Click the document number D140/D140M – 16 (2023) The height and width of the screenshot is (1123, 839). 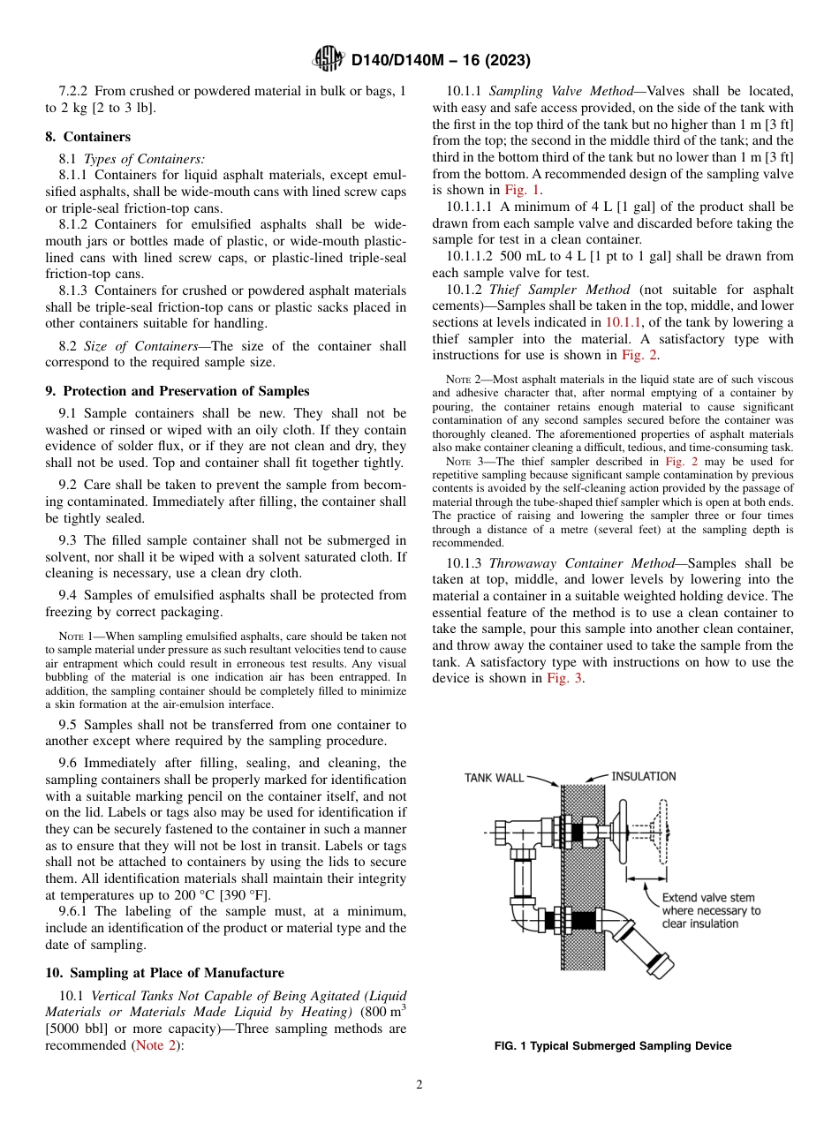[441, 60]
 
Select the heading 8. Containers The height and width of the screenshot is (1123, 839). [87, 137]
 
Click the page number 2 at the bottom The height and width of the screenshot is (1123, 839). [419, 1085]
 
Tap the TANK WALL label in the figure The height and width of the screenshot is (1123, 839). [494, 778]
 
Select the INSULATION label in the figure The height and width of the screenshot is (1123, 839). [644, 776]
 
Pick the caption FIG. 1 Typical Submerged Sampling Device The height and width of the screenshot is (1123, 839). [612, 1046]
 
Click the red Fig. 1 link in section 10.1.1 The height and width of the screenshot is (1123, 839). [522, 189]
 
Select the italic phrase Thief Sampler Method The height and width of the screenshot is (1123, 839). [559, 290]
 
